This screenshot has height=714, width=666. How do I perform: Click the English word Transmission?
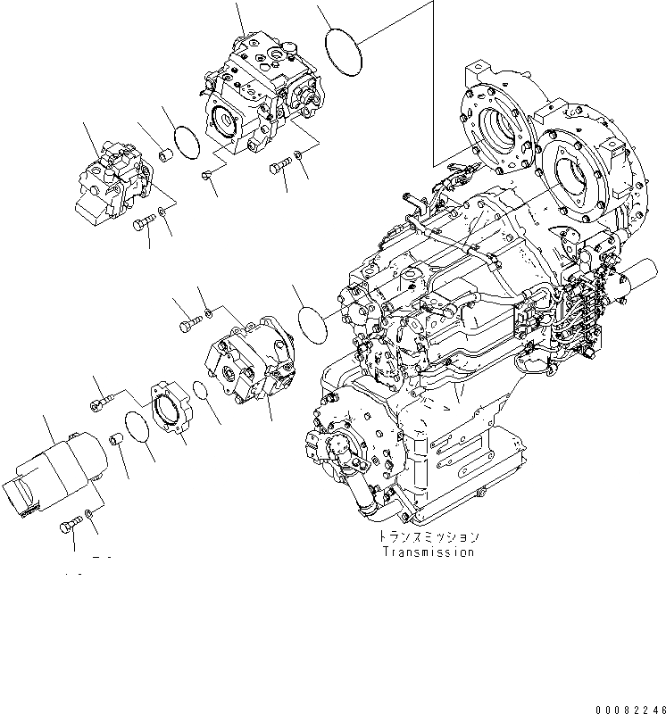pos(429,552)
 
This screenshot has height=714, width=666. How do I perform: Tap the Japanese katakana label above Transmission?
pos(429,537)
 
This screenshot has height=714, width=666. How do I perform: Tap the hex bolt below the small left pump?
pos(144,224)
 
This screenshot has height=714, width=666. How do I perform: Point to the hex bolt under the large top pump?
pos(279,168)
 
